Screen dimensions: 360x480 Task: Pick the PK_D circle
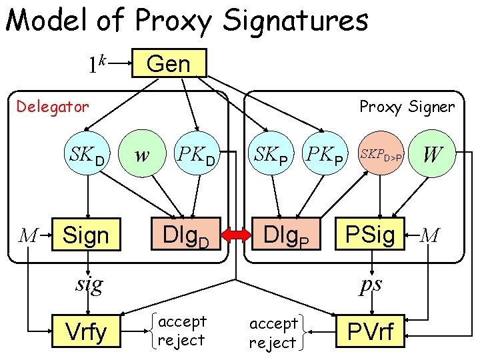196,157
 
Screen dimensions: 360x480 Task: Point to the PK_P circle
325,157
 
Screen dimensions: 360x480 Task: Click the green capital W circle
432,156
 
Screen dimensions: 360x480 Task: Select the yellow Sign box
86,235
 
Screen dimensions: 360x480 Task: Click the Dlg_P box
285,235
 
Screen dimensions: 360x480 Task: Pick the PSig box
370,235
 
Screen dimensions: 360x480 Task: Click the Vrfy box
85,331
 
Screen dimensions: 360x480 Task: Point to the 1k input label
97,64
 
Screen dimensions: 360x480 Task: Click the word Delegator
53,106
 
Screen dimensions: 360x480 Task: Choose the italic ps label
370,285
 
